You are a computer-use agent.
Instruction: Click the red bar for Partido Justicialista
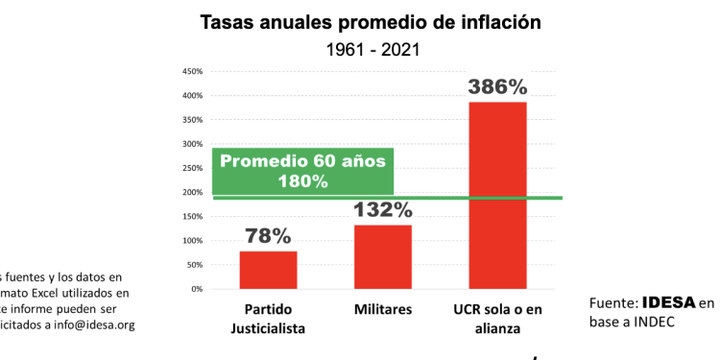(x=268, y=270)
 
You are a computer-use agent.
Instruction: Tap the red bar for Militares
(x=382, y=256)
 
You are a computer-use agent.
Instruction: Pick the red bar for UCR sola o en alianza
(x=497, y=195)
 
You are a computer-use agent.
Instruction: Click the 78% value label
(x=268, y=236)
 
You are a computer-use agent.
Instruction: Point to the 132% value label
(x=382, y=209)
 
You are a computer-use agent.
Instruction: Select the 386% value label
(x=497, y=87)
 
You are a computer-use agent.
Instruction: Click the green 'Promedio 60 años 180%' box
(x=303, y=171)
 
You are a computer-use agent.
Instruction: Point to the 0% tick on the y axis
(x=195, y=289)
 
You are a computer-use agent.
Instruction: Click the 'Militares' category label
(x=382, y=309)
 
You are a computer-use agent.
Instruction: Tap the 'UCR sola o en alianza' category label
(x=498, y=318)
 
